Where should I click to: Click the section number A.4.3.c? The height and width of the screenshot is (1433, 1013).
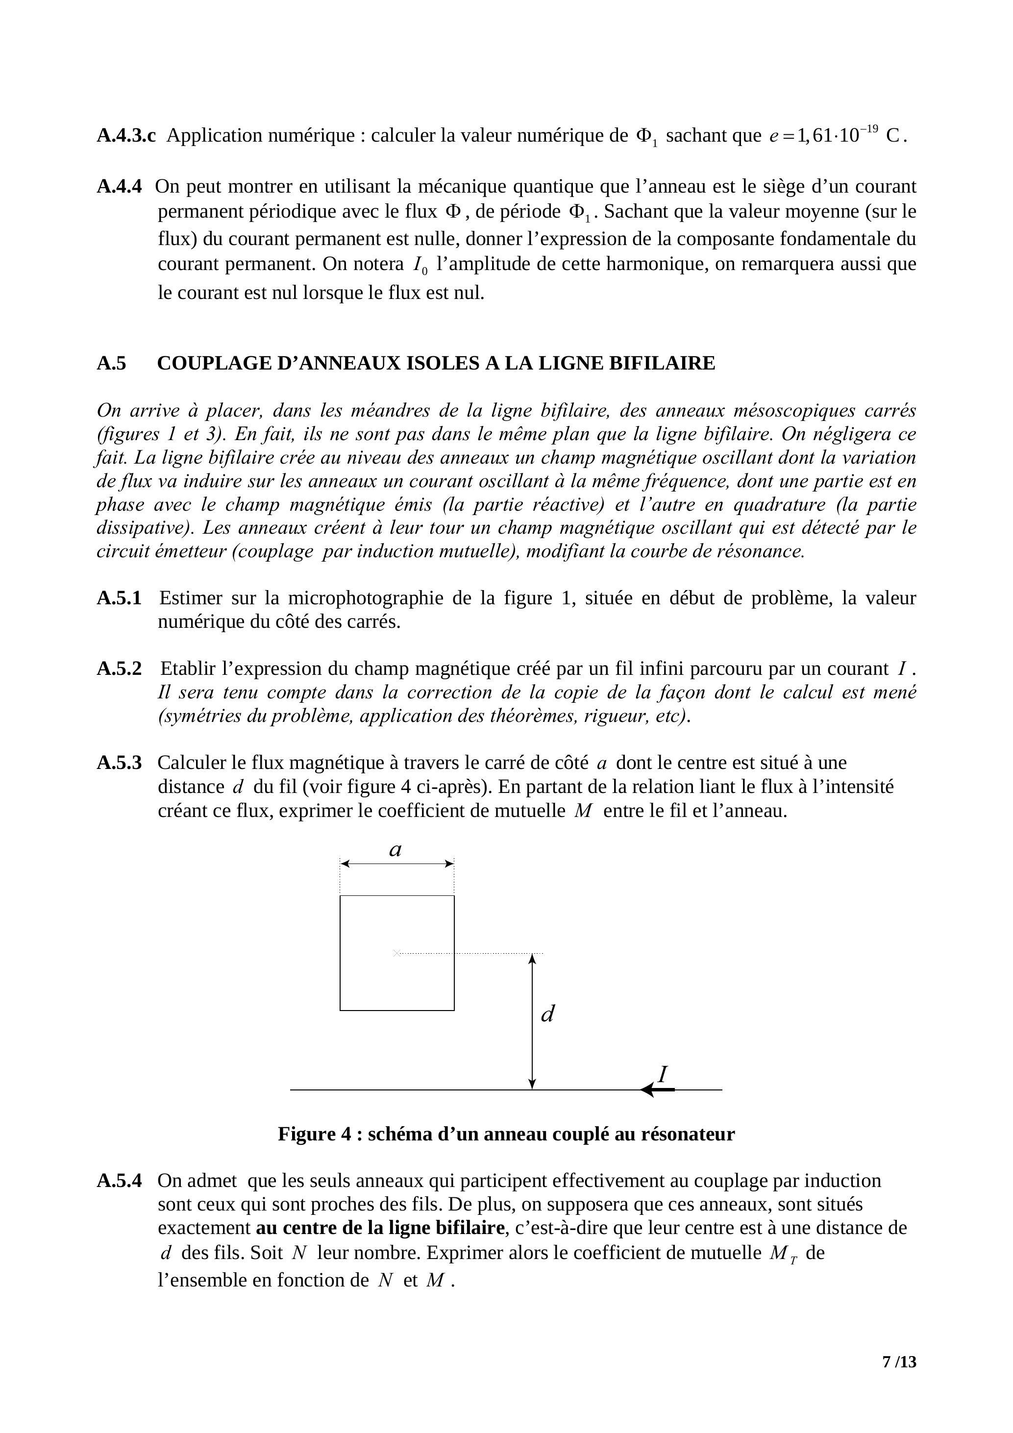pyautogui.click(x=126, y=135)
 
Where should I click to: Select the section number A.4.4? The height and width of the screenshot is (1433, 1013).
pyautogui.click(x=119, y=186)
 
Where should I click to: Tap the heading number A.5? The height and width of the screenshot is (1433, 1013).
pyautogui.click(x=111, y=363)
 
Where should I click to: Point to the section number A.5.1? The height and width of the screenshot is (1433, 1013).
pyautogui.click(x=119, y=598)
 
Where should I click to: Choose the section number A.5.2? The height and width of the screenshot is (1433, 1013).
pyautogui.click(x=119, y=668)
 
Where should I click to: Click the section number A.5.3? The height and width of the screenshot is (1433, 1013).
pyautogui.click(x=119, y=762)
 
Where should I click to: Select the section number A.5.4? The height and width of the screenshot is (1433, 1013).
pyautogui.click(x=119, y=1180)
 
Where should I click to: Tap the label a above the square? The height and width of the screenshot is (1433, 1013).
pyautogui.click(x=395, y=849)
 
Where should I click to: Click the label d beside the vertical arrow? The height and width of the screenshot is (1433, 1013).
pyautogui.click(x=547, y=1013)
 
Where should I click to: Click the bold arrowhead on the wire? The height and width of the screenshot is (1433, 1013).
pyautogui.click(x=649, y=1090)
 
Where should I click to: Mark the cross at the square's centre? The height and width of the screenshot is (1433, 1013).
pyautogui.click(x=395, y=953)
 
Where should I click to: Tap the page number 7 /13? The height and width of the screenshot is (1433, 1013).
pyautogui.click(x=899, y=1361)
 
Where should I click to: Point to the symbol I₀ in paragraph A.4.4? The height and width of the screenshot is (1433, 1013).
pyautogui.click(x=420, y=265)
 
